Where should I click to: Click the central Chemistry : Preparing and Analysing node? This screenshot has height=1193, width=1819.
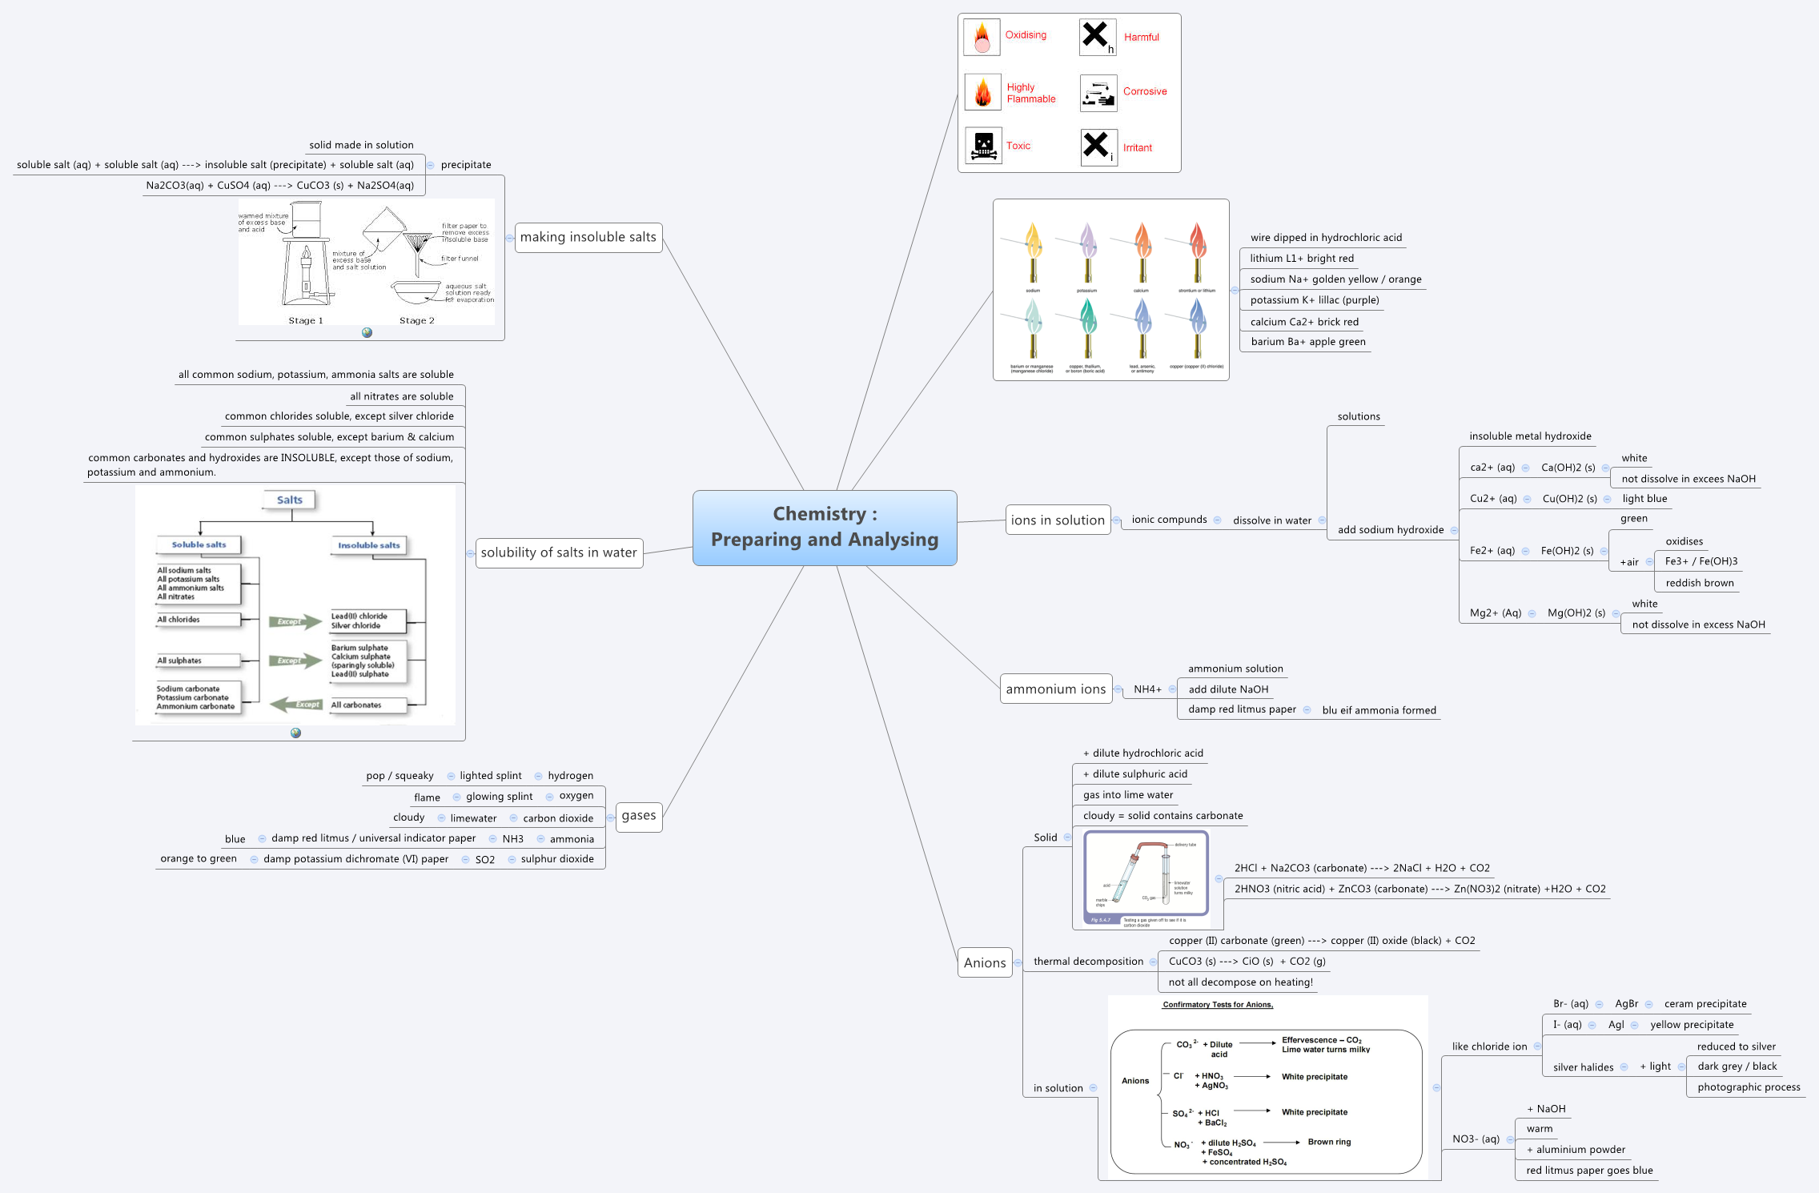coord(825,528)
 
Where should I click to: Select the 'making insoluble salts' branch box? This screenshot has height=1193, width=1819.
coord(588,237)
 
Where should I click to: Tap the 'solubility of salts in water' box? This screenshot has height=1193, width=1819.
coord(559,552)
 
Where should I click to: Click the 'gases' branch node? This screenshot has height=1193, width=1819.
coord(638,816)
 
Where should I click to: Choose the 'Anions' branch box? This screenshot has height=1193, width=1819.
coord(985,962)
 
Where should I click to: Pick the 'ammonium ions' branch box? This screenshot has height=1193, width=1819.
coord(1055,689)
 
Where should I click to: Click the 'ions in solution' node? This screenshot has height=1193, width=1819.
coord(1058,520)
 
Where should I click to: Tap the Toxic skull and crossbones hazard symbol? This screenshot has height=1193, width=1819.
coord(983,146)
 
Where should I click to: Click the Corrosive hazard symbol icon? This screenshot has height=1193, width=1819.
coord(1098,93)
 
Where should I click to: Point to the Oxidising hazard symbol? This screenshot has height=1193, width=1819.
coord(982,37)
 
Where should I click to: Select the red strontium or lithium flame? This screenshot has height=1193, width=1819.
coord(1197,240)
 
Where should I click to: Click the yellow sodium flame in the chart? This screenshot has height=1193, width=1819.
coord(1033,240)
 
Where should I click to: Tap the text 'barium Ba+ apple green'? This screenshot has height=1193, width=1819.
coord(1308,342)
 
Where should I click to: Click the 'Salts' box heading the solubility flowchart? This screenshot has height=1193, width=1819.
coord(290,500)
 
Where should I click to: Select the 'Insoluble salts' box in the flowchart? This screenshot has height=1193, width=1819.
coord(368,545)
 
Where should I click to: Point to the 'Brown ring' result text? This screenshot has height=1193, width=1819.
coord(1329,1142)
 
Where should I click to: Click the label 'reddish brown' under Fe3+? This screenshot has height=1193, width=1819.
coord(1699,583)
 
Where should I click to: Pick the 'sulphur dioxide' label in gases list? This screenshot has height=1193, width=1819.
coord(557,859)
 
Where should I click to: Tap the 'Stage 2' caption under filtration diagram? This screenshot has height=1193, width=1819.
coord(416,320)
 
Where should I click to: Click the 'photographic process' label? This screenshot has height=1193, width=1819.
coord(1749,1087)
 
